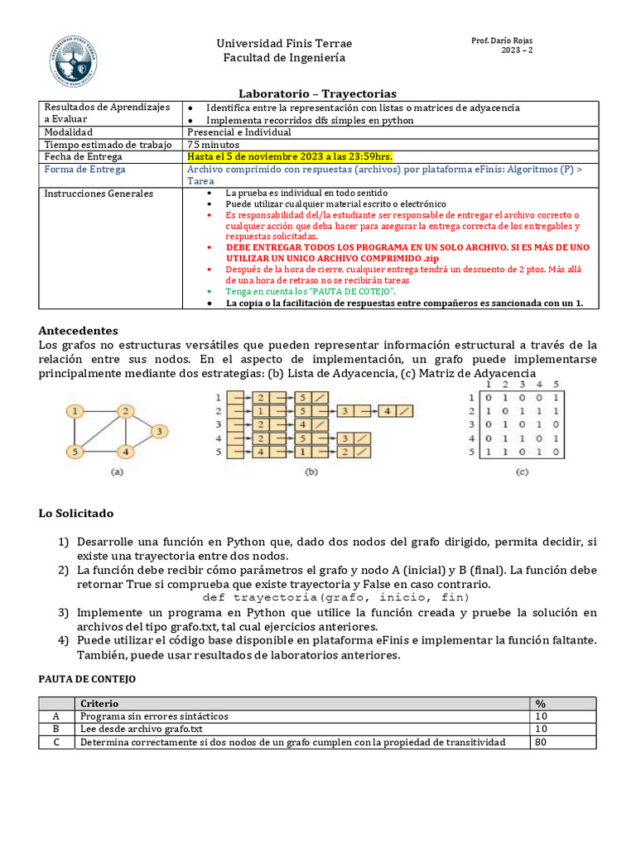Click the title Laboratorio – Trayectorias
pyautogui.click(x=318, y=93)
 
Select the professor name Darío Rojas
pyautogui.click(x=502, y=41)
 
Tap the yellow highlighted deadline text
pyautogui.click(x=290, y=156)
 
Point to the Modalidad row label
pyautogui.click(x=69, y=132)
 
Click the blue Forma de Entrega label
pyautogui.click(x=85, y=169)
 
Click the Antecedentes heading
pyautogui.click(x=79, y=330)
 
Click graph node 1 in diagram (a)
pyautogui.click(x=75, y=410)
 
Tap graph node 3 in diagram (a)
pyautogui.click(x=159, y=431)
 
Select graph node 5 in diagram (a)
pyautogui.click(x=75, y=452)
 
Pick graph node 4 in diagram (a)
pyautogui.click(x=124, y=452)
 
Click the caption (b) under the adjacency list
pyautogui.click(x=311, y=472)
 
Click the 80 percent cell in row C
pyautogui.click(x=542, y=742)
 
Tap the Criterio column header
pyautogui.click(x=99, y=703)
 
